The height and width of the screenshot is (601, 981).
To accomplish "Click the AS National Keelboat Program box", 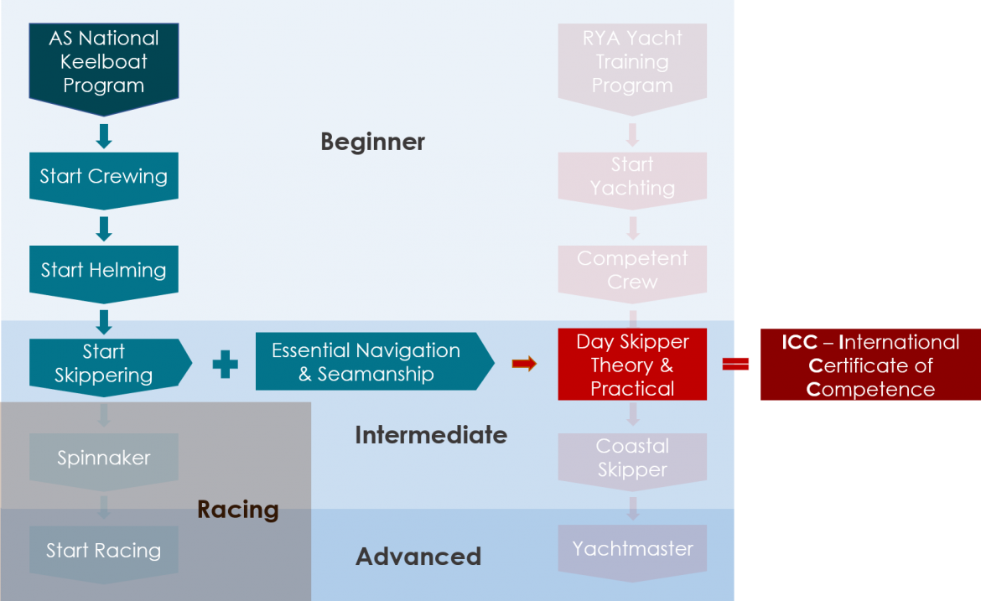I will point(103,62).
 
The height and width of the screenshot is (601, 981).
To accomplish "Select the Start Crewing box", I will point(103,177).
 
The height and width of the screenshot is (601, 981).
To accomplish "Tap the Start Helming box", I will point(103,271).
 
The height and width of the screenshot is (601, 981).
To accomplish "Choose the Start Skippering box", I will point(104,364).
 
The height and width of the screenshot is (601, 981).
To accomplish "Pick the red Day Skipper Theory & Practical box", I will point(632,365).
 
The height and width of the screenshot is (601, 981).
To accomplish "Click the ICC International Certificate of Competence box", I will point(870,365).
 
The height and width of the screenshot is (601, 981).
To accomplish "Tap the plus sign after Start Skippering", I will point(225,364).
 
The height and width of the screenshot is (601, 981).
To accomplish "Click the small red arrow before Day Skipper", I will point(524,363).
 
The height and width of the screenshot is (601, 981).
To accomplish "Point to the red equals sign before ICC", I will point(735,364).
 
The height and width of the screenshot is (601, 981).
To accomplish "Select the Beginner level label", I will point(372,142).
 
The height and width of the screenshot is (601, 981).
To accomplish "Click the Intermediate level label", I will point(430,435).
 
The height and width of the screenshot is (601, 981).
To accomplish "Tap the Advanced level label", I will point(418,557).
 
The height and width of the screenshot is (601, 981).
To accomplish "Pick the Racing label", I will point(238,510).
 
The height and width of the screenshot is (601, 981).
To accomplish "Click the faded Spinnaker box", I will point(103,459).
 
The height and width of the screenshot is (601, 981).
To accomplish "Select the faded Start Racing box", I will point(103,552).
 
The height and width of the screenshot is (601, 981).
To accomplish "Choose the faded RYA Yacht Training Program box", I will point(632,62).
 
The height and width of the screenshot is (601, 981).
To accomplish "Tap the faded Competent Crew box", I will point(632,270).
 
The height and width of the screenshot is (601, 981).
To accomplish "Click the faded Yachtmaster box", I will point(632,550).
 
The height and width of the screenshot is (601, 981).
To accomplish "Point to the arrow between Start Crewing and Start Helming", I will point(104,228).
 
